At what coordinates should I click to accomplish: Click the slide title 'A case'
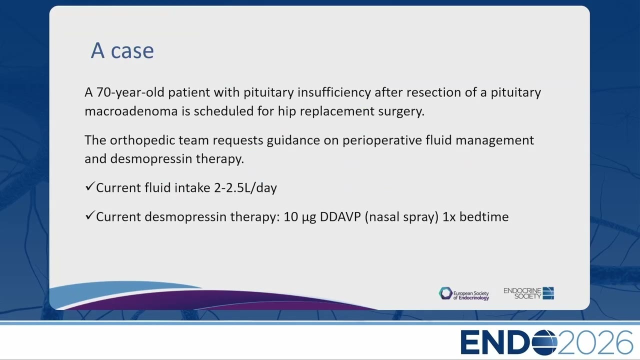(122, 50)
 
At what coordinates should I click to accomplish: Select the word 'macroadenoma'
(131, 111)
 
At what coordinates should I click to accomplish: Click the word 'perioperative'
(382, 140)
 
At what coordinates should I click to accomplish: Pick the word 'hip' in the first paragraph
(287, 111)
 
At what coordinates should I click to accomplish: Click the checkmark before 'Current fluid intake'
(89, 186)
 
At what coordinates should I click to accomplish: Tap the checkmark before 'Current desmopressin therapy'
(89, 215)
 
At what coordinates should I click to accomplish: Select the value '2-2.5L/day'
(245, 188)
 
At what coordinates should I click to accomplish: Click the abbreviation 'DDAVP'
(340, 217)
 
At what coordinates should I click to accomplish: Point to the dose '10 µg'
(299, 217)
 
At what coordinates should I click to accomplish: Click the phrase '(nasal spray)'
(401, 217)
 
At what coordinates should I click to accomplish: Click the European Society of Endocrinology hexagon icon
(445, 293)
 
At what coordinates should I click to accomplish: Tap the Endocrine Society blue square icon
(548, 293)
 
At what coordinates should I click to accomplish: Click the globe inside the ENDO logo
(544, 342)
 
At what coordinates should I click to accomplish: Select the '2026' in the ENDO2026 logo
(595, 342)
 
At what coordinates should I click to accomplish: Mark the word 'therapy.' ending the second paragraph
(220, 159)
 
